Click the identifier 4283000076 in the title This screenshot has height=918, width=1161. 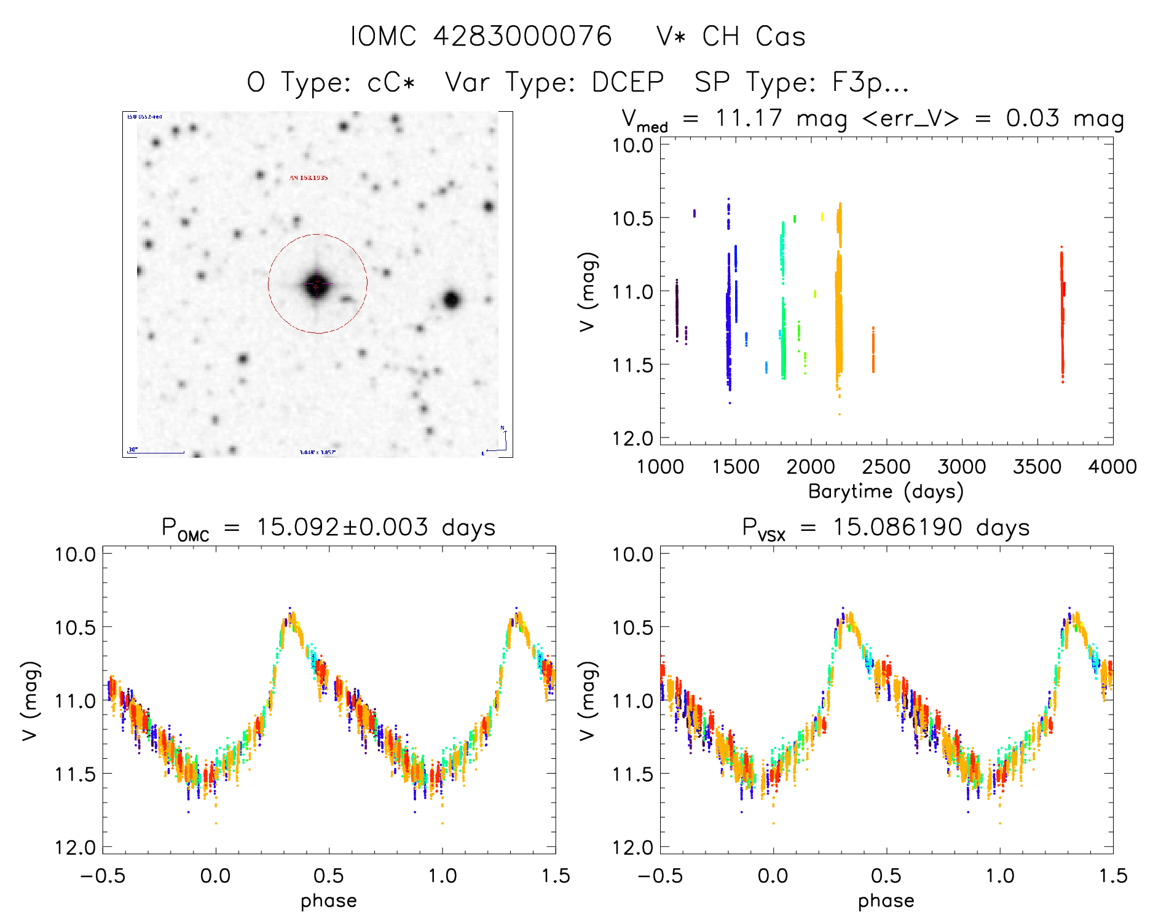[522, 36]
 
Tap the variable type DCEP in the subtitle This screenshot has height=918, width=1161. [628, 82]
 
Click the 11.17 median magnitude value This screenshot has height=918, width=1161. [749, 118]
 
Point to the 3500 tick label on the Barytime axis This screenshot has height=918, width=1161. [1037, 467]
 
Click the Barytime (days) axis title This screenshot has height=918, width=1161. [886, 492]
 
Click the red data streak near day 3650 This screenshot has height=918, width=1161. [1061, 313]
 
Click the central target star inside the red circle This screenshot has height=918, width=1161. [317, 284]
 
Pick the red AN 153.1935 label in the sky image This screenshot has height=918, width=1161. [309, 178]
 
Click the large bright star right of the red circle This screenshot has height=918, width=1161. [452, 300]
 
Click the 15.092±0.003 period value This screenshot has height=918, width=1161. [342, 527]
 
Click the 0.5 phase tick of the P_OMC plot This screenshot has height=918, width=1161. [329, 876]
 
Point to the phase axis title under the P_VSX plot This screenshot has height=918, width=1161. [886, 901]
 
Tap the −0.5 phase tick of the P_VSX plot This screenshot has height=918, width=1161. [660, 876]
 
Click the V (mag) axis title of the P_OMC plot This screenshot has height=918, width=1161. [30, 700]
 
